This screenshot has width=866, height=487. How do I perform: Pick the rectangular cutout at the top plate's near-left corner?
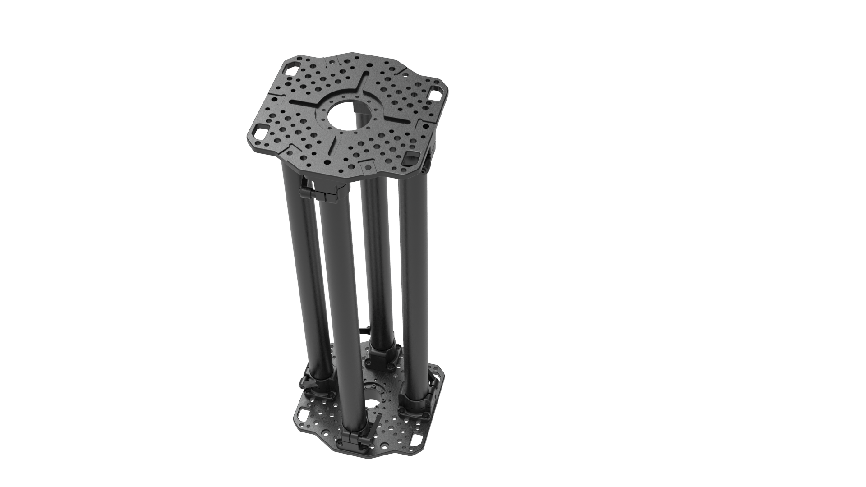261,132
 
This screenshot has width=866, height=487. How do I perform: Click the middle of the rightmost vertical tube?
413,289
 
